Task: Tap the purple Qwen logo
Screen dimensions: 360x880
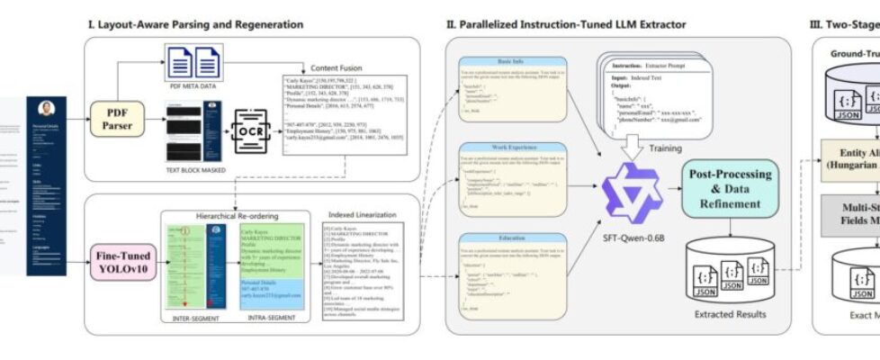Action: pos(632,195)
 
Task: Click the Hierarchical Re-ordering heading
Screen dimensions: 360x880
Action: pos(234,217)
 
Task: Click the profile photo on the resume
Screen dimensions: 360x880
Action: pos(47,108)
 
